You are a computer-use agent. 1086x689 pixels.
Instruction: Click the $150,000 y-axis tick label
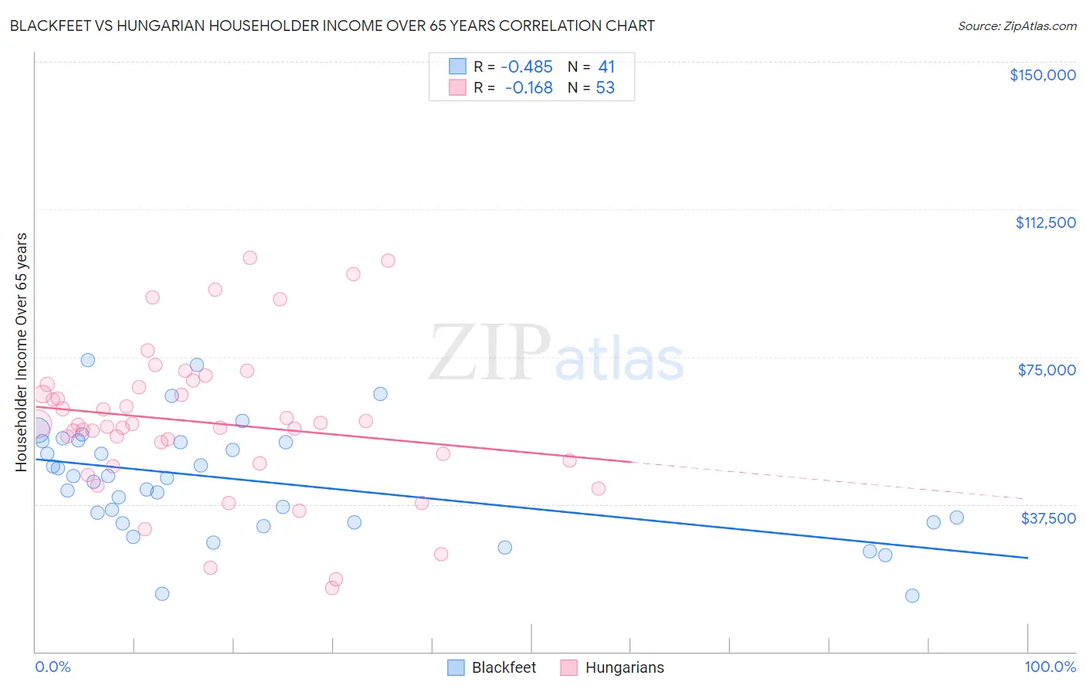pyautogui.click(x=1042, y=75)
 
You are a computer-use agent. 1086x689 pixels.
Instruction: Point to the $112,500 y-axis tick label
pyautogui.click(x=1045, y=222)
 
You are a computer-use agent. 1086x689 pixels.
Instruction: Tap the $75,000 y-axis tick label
pyautogui.click(x=1047, y=370)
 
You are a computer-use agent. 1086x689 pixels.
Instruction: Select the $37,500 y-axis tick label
pyautogui.click(x=1048, y=518)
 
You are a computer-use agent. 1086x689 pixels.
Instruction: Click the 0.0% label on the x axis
pyautogui.click(x=53, y=667)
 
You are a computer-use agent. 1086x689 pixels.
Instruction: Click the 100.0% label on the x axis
pyautogui.click(x=1050, y=667)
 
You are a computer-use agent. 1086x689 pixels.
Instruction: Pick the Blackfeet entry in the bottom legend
pyautogui.click(x=492, y=667)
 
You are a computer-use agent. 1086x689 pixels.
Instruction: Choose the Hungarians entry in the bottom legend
pyautogui.click(x=612, y=667)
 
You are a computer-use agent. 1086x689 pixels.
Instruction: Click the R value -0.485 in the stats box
pyautogui.click(x=527, y=67)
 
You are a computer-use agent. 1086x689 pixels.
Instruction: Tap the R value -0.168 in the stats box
pyautogui.click(x=528, y=88)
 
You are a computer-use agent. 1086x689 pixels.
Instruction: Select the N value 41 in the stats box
pyautogui.click(x=606, y=67)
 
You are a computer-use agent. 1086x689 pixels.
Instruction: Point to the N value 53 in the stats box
pyautogui.click(x=606, y=88)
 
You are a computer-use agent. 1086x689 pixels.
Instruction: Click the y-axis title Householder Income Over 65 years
pyautogui.click(x=22, y=351)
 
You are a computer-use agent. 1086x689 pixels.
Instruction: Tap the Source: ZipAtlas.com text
pyautogui.click(x=1016, y=25)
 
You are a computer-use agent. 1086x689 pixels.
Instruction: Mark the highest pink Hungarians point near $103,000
pyautogui.click(x=249, y=258)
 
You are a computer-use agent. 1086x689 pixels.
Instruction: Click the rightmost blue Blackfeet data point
pyautogui.click(x=956, y=518)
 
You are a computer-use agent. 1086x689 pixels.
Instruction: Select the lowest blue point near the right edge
pyautogui.click(x=912, y=596)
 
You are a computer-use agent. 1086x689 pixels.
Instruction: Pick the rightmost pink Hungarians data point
pyautogui.click(x=598, y=488)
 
